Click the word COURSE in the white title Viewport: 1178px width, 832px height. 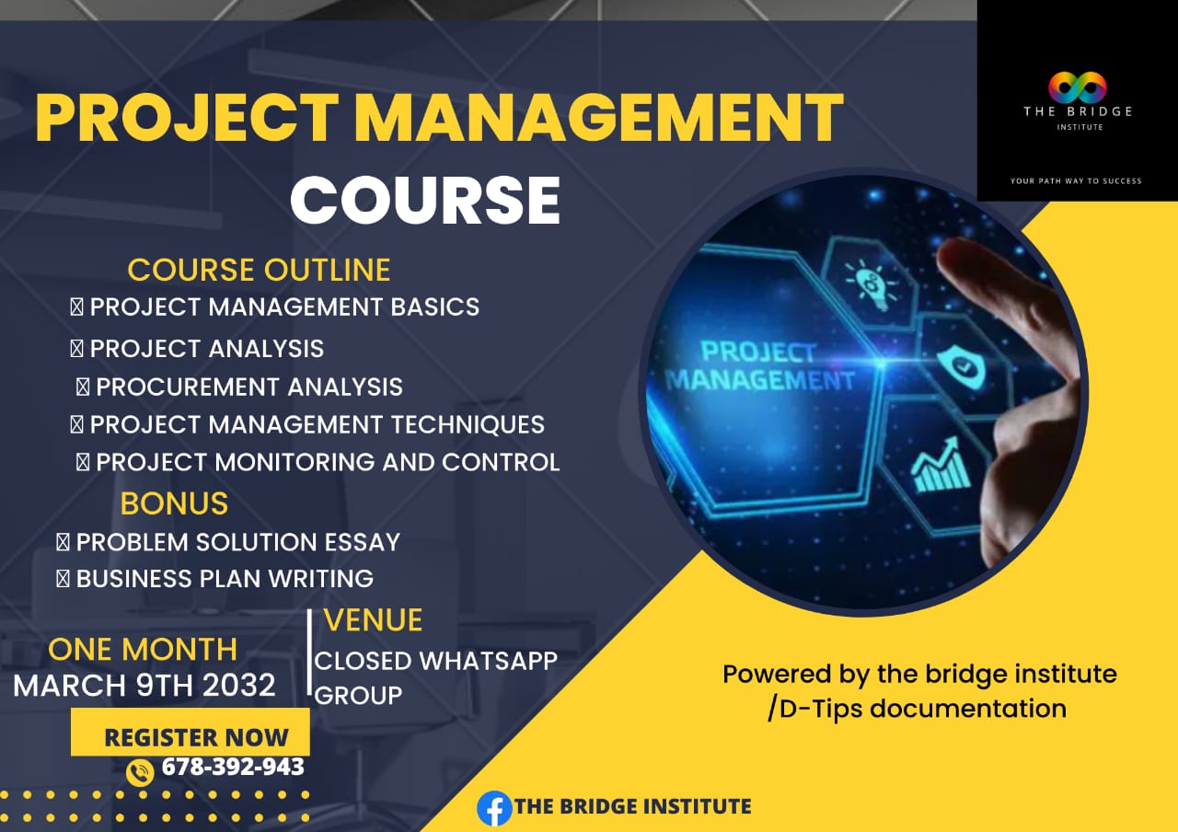[425, 201]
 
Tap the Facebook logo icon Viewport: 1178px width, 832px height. [494, 808]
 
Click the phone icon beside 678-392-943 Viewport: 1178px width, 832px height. [140, 771]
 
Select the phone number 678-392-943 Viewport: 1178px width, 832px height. [232, 767]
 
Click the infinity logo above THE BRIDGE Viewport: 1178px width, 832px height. [1077, 88]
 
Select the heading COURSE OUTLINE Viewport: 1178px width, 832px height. [259, 270]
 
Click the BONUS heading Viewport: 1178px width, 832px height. [174, 503]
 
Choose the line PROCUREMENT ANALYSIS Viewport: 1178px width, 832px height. [248, 387]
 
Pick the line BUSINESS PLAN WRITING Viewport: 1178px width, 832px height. [224, 579]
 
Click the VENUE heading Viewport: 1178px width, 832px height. [373, 620]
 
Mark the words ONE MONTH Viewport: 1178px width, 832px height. [143, 650]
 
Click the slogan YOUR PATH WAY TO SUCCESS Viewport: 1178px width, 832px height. [1076, 180]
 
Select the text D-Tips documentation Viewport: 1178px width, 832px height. [921, 709]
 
